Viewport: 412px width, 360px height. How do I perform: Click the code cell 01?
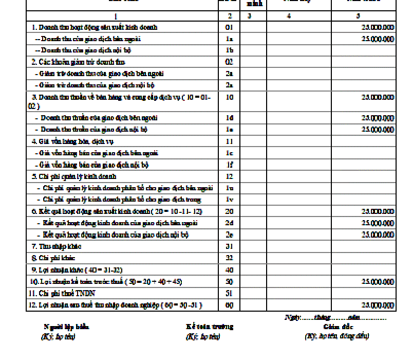(x=229, y=27)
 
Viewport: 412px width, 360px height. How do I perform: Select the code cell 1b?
(x=229, y=50)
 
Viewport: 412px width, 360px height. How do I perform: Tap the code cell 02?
(x=229, y=62)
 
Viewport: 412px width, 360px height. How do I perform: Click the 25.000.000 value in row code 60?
(x=378, y=305)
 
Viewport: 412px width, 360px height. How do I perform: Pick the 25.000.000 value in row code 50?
(x=378, y=282)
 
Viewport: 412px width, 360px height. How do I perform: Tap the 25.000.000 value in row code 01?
(x=378, y=27)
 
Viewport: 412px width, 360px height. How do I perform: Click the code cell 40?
(x=229, y=270)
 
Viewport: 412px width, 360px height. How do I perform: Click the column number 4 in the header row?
(x=289, y=16)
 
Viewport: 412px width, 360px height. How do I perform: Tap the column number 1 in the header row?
(x=122, y=16)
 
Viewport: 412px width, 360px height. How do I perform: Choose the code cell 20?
(x=229, y=211)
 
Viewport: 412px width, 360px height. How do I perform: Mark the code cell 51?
(x=229, y=294)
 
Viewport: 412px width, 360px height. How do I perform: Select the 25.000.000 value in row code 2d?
(x=378, y=223)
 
